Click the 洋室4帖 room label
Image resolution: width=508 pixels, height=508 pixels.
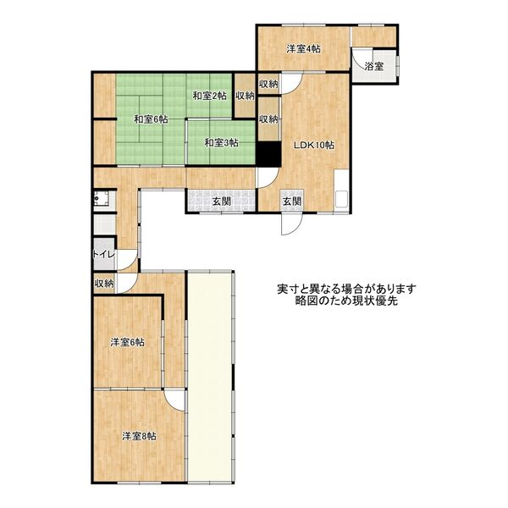click(x=304, y=49)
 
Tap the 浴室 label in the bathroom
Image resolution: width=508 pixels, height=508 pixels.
click(x=374, y=67)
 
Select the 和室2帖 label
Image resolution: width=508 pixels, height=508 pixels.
click(x=210, y=96)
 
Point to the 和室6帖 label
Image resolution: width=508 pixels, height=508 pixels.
click(x=151, y=119)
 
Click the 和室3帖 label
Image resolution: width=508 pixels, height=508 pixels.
click(x=222, y=142)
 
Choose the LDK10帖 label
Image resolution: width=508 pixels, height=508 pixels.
click(x=314, y=145)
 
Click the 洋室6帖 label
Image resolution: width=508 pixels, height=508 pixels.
click(x=127, y=342)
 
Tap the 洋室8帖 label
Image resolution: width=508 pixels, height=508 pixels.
click(x=139, y=436)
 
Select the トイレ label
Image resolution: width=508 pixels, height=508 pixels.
click(x=104, y=254)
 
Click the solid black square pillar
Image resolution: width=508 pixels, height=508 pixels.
click(x=269, y=154)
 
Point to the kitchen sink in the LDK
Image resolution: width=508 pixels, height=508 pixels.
click(x=341, y=199)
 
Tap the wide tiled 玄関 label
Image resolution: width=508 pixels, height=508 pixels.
click(x=222, y=202)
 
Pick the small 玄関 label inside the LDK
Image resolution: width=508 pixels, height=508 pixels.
click(x=292, y=202)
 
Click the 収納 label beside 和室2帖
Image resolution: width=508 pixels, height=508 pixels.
click(x=245, y=96)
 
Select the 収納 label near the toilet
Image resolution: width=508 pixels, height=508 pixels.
click(x=104, y=284)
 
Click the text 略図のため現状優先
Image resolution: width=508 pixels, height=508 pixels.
click(x=346, y=301)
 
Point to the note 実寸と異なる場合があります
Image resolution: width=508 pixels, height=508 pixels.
click(x=346, y=289)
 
